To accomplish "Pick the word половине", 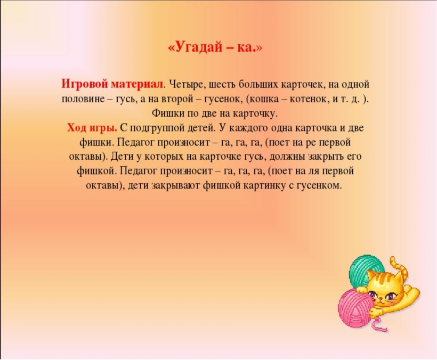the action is [x=83, y=99].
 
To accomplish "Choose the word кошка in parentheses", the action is [x=263, y=99].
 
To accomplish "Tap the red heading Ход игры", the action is [x=92, y=128].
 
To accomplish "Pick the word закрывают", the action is [x=176, y=185].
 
